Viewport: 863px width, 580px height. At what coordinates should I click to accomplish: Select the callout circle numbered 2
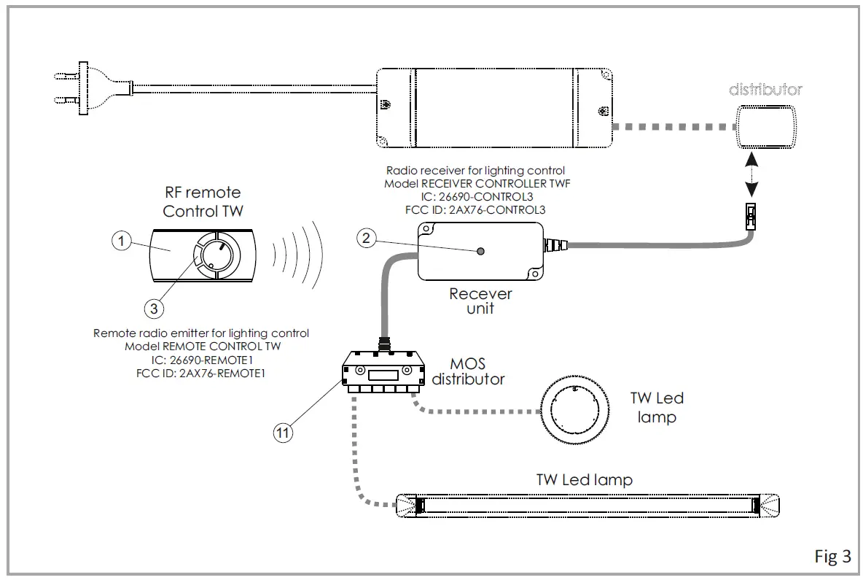click(367, 237)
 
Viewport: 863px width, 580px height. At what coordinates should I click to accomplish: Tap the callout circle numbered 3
click(154, 309)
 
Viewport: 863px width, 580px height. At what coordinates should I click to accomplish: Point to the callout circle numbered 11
click(284, 433)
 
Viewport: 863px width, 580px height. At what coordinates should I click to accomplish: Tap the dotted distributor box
click(766, 125)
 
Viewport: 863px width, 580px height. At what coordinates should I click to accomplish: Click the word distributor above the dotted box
click(765, 90)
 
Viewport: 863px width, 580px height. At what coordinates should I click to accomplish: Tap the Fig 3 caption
click(832, 556)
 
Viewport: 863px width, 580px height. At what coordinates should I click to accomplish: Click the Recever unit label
click(480, 301)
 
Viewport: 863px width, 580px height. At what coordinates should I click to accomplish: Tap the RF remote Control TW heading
click(202, 202)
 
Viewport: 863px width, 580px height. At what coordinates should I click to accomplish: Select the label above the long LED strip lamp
click(584, 479)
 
